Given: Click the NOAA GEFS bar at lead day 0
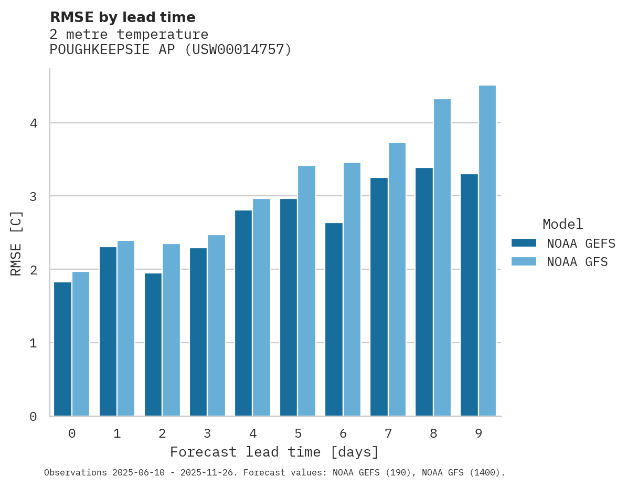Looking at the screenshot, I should pyautogui.click(x=62, y=349).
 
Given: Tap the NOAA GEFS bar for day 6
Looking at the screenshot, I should pyautogui.click(x=334, y=320).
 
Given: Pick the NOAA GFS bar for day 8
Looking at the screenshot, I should pyautogui.click(x=442, y=258).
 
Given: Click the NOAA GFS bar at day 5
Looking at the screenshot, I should pyautogui.click(x=307, y=291).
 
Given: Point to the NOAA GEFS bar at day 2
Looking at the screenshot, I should pyautogui.click(x=153, y=345).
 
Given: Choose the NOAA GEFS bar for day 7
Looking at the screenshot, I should pyautogui.click(x=379, y=297).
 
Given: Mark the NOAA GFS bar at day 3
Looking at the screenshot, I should pyautogui.click(x=217, y=325).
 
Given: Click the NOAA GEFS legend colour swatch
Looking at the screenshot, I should pyautogui.click(x=524, y=243).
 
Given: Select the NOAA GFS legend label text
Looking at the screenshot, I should pyautogui.click(x=577, y=262).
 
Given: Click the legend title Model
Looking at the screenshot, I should pyautogui.click(x=563, y=225).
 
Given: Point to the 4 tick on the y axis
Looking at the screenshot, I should pyautogui.click(x=33, y=123).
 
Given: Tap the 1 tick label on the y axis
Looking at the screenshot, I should pyautogui.click(x=33, y=343).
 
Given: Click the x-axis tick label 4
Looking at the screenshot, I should pyautogui.click(x=253, y=434).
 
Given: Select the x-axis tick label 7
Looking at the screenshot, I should pyautogui.click(x=388, y=434).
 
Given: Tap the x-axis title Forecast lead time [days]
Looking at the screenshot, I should pyautogui.click(x=274, y=452).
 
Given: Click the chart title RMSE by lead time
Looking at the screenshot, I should pyautogui.click(x=123, y=17).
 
